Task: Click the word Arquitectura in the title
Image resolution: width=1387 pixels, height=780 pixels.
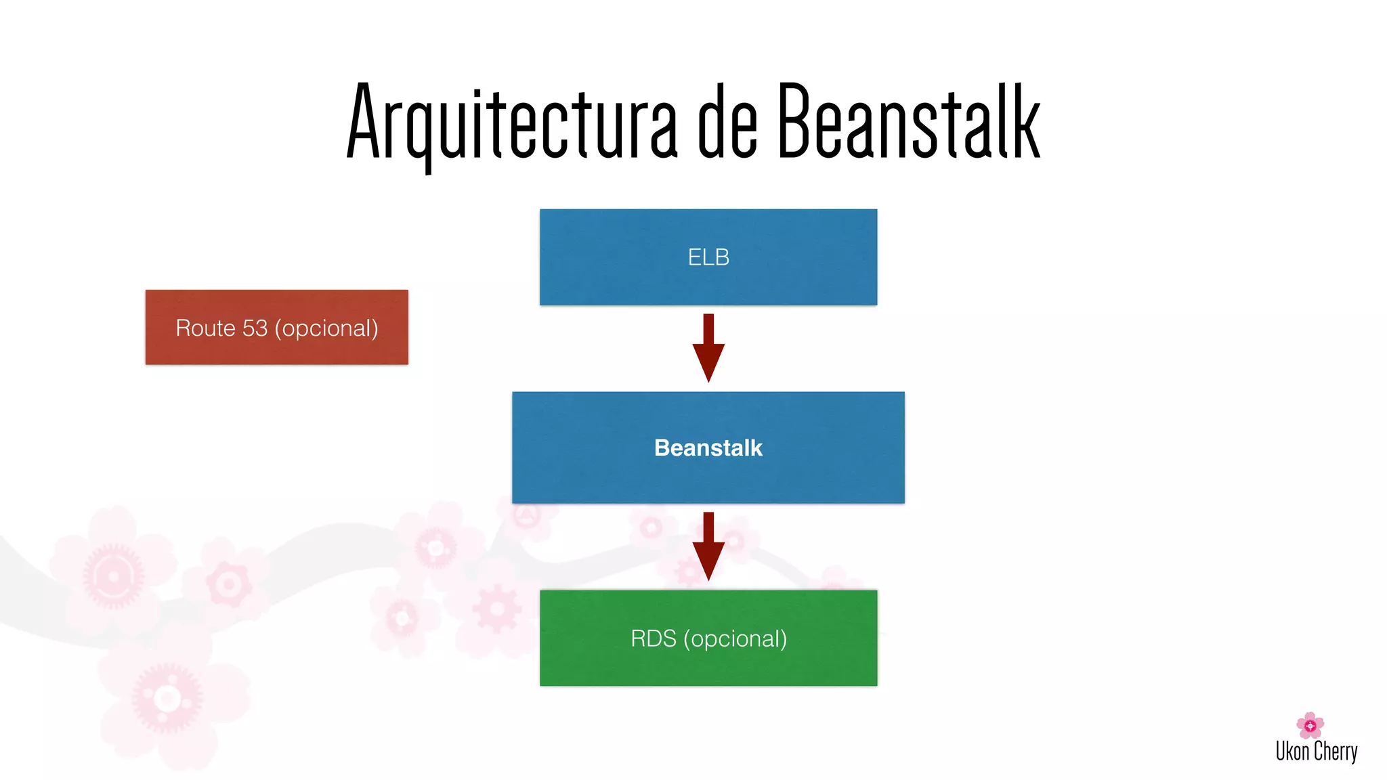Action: point(511,122)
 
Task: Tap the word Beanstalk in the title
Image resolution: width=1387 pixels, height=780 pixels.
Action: point(908,122)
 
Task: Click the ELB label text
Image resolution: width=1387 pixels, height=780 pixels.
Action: point(708,257)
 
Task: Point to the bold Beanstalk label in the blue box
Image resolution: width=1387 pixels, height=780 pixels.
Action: point(708,448)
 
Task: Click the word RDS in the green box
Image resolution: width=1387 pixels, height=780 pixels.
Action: point(653,638)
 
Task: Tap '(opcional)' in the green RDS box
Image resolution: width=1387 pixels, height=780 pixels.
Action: point(735,638)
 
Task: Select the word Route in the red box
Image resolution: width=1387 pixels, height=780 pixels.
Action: point(205,328)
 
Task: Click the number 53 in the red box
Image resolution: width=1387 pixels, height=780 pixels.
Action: point(255,328)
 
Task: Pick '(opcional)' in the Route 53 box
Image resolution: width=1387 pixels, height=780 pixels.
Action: point(326,328)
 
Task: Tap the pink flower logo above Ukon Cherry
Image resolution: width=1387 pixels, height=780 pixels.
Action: point(1310,725)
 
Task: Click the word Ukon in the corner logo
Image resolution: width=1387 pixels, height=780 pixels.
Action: point(1292,752)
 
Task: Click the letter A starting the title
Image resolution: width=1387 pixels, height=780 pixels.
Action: point(366,122)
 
